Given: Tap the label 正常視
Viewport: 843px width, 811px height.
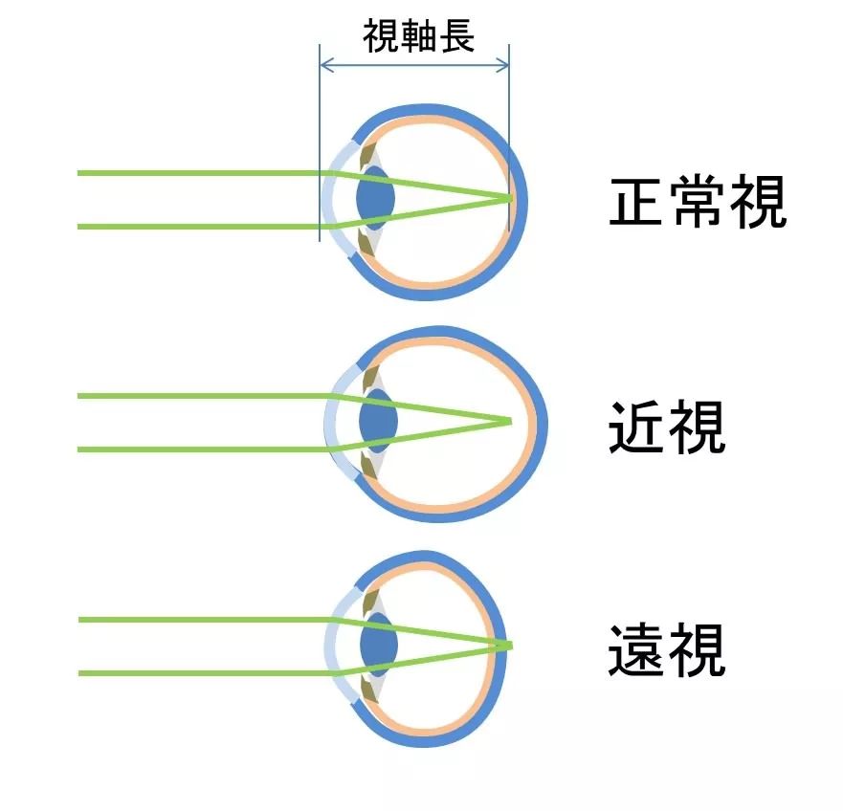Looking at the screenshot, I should click(x=697, y=203).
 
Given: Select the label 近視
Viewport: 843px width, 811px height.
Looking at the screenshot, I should click(x=667, y=427).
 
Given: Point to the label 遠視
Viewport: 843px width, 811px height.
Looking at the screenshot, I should click(x=667, y=650).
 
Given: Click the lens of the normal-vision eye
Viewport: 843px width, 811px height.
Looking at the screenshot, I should click(x=374, y=200).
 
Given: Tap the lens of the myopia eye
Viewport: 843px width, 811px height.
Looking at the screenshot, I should click(x=378, y=422).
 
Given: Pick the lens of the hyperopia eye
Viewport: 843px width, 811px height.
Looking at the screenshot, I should click(x=377, y=646).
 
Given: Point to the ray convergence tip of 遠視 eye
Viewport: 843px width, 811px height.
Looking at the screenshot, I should click(x=511, y=645).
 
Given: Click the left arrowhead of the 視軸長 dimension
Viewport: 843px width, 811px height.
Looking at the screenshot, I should click(x=323, y=65).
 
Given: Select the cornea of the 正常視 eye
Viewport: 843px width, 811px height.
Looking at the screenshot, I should click(x=329, y=199).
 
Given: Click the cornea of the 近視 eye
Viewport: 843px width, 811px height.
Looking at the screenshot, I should click(x=331, y=422).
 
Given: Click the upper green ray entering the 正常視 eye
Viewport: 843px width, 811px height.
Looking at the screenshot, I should click(x=191, y=173).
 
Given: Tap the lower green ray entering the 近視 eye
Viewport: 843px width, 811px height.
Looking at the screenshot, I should click(x=191, y=449).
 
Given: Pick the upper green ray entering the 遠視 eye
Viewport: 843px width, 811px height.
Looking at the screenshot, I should click(x=191, y=620).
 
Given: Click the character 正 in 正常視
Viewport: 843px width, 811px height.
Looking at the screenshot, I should click(x=637, y=203).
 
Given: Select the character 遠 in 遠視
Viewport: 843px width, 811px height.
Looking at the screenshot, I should click(x=637, y=650).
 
